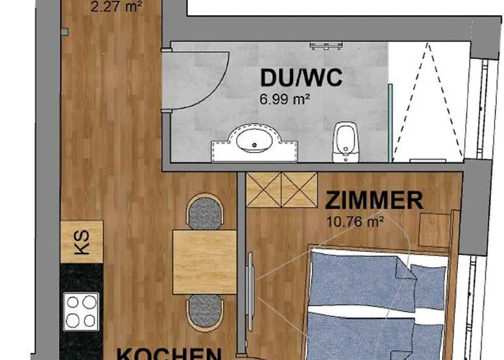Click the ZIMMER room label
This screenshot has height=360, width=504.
click(374, 199)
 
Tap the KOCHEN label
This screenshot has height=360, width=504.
click(169, 354)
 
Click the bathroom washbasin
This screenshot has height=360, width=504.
click(253, 141)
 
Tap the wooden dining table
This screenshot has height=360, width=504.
click(204, 261)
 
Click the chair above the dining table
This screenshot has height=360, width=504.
click(204, 212)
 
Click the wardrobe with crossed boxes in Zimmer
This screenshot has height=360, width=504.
click(282, 189)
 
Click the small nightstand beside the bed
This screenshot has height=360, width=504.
click(434, 230)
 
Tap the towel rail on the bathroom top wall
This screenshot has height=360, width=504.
click(328, 45)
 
